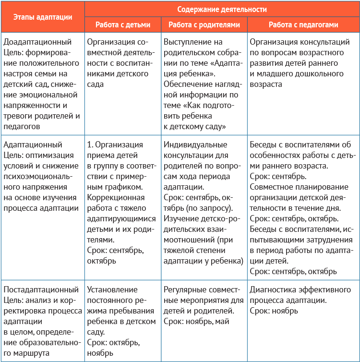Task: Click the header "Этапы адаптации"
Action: pos(43,17)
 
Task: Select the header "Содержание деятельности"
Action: pos(222,9)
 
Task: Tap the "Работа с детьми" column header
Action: pos(122,24)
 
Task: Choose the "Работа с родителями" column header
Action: pos(203,24)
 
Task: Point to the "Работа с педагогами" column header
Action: pos(303,24)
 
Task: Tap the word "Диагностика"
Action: pos(272,290)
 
